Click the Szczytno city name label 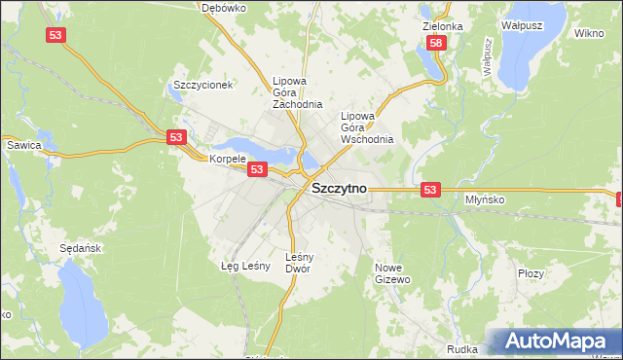(x=339, y=192)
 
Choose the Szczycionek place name (x=202, y=85)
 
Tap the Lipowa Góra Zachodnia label (x=297, y=92)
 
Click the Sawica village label (x=23, y=145)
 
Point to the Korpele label (x=228, y=158)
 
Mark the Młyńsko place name (x=483, y=198)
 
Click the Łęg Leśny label (x=243, y=265)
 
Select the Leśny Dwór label (x=298, y=263)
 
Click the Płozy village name (x=531, y=274)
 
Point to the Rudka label (x=461, y=348)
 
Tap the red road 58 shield (x=436, y=43)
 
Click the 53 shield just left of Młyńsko (x=431, y=189)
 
